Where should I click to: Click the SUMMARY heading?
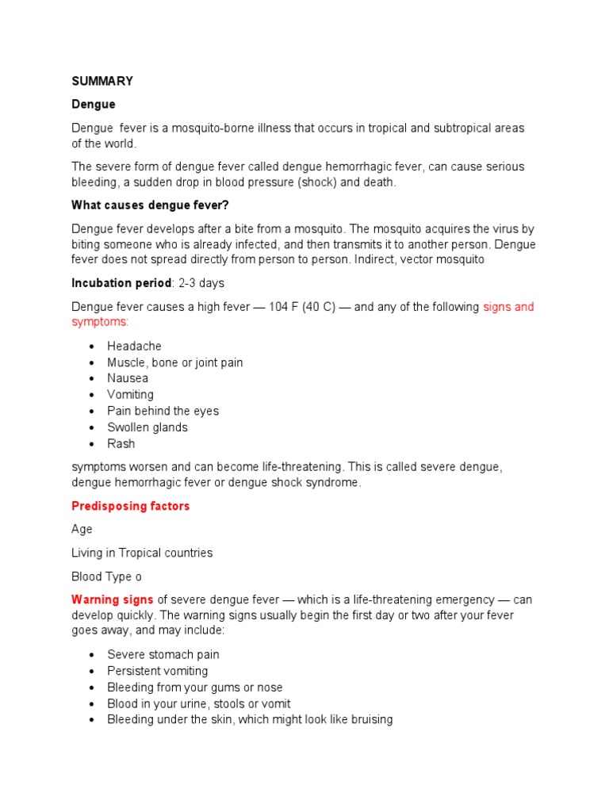(102, 81)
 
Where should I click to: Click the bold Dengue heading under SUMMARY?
(94, 105)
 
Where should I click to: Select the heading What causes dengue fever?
(150, 205)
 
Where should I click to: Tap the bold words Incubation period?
(121, 283)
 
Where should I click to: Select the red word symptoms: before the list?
(100, 322)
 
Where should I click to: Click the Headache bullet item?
(134, 347)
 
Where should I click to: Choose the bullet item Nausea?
(128, 378)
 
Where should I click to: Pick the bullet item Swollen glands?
(147, 427)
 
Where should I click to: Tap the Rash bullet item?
(121, 443)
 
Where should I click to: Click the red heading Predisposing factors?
(131, 506)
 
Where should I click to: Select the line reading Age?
(82, 529)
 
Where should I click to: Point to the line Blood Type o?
(107, 576)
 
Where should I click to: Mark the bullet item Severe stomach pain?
(163, 655)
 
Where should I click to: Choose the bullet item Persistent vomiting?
(158, 671)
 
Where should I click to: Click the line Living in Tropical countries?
(142, 553)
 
